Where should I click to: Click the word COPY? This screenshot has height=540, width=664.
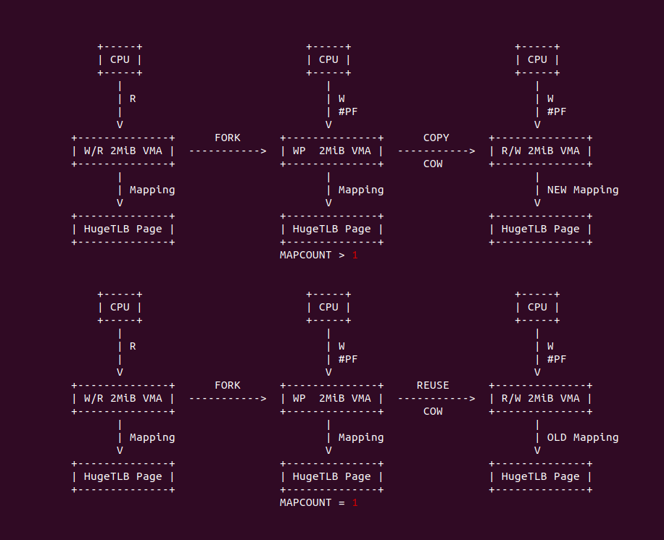click(436, 138)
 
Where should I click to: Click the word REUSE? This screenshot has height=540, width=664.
click(433, 385)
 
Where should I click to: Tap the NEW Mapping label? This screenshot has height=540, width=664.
click(583, 190)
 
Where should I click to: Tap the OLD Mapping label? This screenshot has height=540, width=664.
click(583, 437)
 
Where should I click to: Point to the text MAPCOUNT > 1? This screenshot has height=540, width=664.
click(319, 255)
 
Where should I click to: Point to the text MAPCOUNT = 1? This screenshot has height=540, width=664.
click(319, 502)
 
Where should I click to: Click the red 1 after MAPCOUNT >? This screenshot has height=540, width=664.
click(355, 255)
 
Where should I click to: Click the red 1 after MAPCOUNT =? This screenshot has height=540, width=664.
click(355, 502)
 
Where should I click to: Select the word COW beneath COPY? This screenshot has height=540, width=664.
click(433, 164)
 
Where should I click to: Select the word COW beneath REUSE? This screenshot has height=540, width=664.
click(433, 411)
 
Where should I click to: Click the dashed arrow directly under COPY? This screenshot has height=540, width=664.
click(436, 151)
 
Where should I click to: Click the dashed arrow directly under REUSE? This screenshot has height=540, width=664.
click(436, 398)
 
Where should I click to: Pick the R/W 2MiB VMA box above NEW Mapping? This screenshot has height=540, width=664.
click(541, 151)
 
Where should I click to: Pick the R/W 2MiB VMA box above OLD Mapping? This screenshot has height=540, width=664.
click(541, 398)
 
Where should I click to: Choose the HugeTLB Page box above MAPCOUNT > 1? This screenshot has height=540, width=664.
click(332, 229)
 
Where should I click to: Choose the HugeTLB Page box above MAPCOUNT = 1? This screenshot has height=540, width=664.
click(332, 476)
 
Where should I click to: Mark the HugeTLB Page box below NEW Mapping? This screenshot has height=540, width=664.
click(541, 229)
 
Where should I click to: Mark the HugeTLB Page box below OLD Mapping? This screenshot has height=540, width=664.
click(541, 476)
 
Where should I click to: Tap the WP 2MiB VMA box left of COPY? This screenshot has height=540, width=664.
click(332, 151)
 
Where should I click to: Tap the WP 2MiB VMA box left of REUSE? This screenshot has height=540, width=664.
click(332, 398)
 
